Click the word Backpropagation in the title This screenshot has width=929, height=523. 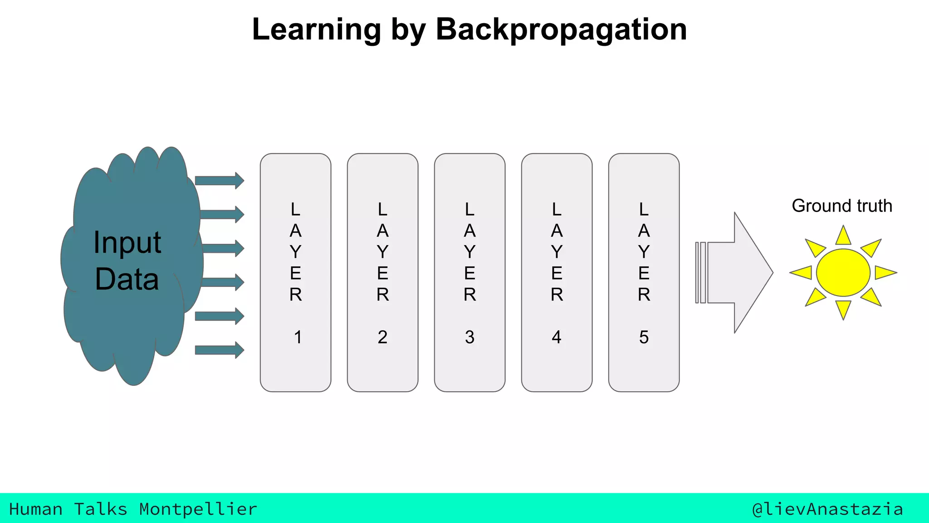pyautogui.click(x=561, y=30)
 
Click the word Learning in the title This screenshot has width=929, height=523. pyautogui.click(x=316, y=30)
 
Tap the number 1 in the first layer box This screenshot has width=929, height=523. pyautogui.click(x=298, y=337)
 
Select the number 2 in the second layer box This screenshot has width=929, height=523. pyautogui.click(x=382, y=337)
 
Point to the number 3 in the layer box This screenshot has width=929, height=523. pyautogui.click(x=469, y=337)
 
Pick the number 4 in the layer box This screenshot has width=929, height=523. pyautogui.click(x=557, y=337)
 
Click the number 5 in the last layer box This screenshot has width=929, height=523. pyautogui.click(x=644, y=337)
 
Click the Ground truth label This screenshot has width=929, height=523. pyautogui.click(x=842, y=206)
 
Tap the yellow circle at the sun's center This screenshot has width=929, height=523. pyautogui.click(x=843, y=272)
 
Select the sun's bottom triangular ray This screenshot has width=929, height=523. pyautogui.click(x=843, y=309)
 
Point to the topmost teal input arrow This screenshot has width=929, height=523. pyautogui.click(x=219, y=181)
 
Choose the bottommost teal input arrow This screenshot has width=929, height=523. pyautogui.click(x=219, y=350)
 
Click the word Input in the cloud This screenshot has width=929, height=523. pyautogui.click(x=127, y=243)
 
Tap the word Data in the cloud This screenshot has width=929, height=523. pyautogui.click(x=127, y=279)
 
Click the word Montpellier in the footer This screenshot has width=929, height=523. pyautogui.click(x=198, y=509)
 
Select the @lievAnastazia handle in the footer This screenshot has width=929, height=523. pyautogui.click(x=827, y=509)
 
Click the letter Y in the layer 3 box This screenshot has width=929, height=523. pyautogui.click(x=469, y=252)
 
